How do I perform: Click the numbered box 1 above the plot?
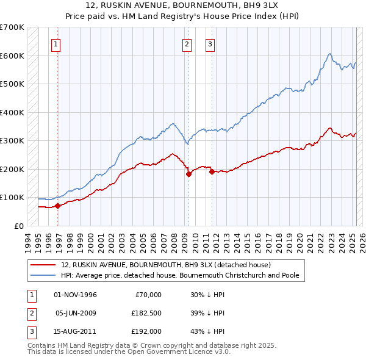pos(56,43)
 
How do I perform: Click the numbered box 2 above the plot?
pos(186,43)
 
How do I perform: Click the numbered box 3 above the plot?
pos(209,43)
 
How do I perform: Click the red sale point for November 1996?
pos(57,206)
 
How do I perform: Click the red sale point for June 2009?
pos(188,174)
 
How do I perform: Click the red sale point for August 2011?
pos(212,171)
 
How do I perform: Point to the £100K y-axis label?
pos(13,198)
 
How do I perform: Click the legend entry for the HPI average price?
pos(180,275)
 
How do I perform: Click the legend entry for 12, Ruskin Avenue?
pos(170,265)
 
